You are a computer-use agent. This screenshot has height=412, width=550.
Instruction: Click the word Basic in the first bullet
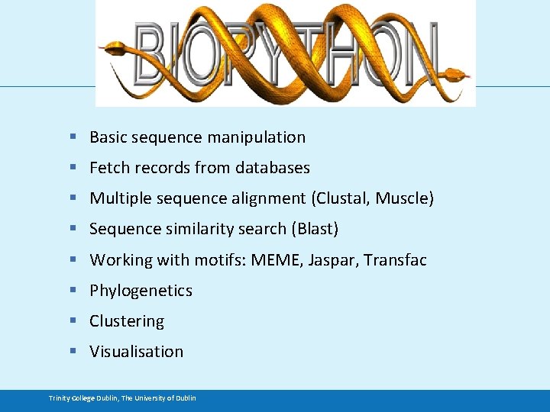pyautogui.click(x=108, y=137)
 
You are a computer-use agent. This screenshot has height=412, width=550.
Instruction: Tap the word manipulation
pyautogui.click(x=264, y=137)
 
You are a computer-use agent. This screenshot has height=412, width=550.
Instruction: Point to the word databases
pyautogui.click(x=273, y=168)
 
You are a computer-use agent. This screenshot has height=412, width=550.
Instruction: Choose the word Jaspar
pyautogui.click(x=332, y=260)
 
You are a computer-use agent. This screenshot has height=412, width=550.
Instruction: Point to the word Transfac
pyautogui.click(x=395, y=260)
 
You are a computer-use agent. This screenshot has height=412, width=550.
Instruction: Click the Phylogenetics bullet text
pyautogui.click(x=141, y=291)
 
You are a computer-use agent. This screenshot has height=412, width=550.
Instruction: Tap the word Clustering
pyautogui.click(x=127, y=321)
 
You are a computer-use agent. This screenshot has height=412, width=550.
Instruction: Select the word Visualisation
pyautogui.click(x=137, y=352)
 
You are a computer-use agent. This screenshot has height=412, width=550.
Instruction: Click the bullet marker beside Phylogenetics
pyautogui.click(x=73, y=291)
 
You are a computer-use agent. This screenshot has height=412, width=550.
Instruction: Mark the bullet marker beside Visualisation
pyautogui.click(x=73, y=352)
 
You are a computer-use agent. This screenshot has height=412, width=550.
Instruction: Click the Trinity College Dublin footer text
pyautogui.click(x=122, y=398)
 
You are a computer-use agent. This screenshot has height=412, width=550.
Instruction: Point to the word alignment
pyautogui.click(x=270, y=198)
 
